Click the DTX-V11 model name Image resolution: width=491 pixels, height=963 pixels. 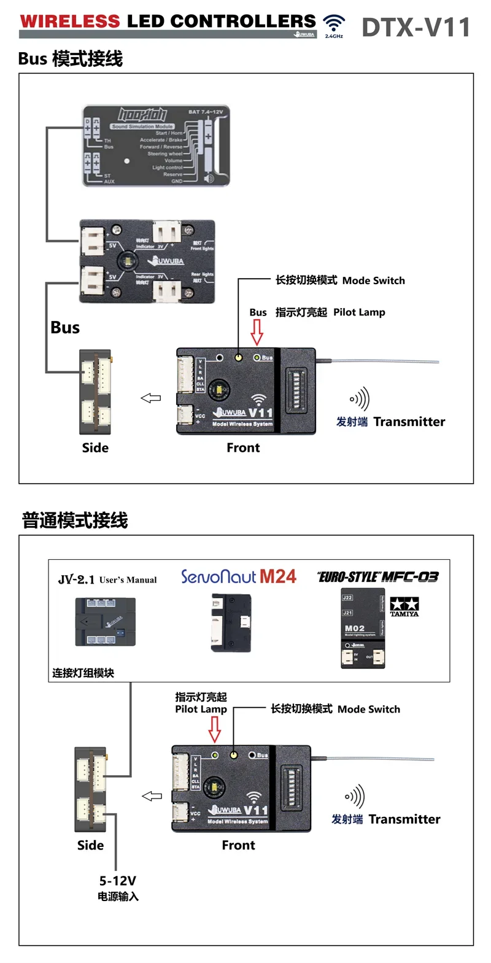(416, 27)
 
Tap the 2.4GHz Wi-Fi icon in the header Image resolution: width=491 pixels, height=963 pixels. (334, 25)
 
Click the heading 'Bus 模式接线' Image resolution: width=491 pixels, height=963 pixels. (71, 59)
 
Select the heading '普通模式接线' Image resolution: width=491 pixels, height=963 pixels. (75, 520)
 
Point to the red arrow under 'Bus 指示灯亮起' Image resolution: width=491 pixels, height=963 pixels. (257, 332)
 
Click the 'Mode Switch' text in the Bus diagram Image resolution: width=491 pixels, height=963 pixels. (373, 280)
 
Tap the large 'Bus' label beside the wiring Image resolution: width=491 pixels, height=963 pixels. (65, 328)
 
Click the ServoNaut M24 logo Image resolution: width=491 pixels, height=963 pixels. (238, 576)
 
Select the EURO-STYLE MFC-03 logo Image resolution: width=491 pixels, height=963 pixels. (378, 577)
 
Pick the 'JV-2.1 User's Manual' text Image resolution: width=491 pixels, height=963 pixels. (107, 579)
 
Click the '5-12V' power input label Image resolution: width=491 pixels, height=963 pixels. (118, 881)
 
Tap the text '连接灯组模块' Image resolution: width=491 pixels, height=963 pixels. (83, 673)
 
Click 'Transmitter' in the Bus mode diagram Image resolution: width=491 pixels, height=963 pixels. (409, 422)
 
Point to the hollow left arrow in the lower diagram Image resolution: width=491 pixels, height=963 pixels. (152, 796)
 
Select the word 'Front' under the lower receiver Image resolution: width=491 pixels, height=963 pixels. (238, 845)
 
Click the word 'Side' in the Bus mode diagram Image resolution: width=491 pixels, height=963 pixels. (95, 448)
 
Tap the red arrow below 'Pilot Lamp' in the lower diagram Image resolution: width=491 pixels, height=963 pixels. (215, 729)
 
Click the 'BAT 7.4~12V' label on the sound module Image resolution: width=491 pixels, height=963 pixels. (205, 112)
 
